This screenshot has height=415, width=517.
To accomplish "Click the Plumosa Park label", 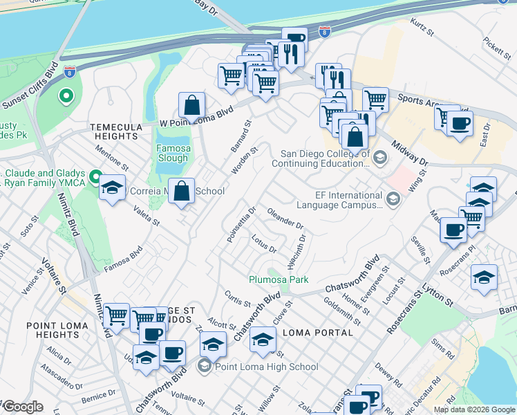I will [x=279, y=279].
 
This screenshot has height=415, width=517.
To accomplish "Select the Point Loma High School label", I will [x=266, y=367].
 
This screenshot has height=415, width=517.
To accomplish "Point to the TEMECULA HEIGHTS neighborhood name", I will [x=113, y=131].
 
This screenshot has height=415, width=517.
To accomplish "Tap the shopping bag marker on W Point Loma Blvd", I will [x=192, y=106].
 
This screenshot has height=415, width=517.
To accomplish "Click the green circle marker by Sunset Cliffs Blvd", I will [x=66, y=95].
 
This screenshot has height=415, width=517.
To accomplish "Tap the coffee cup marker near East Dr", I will [x=459, y=124].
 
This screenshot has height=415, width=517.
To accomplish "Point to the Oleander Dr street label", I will [x=285, y=220].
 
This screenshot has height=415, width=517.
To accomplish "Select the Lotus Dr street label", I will [x=264, y=244].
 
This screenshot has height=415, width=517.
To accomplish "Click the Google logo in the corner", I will [x=23, y=407].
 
